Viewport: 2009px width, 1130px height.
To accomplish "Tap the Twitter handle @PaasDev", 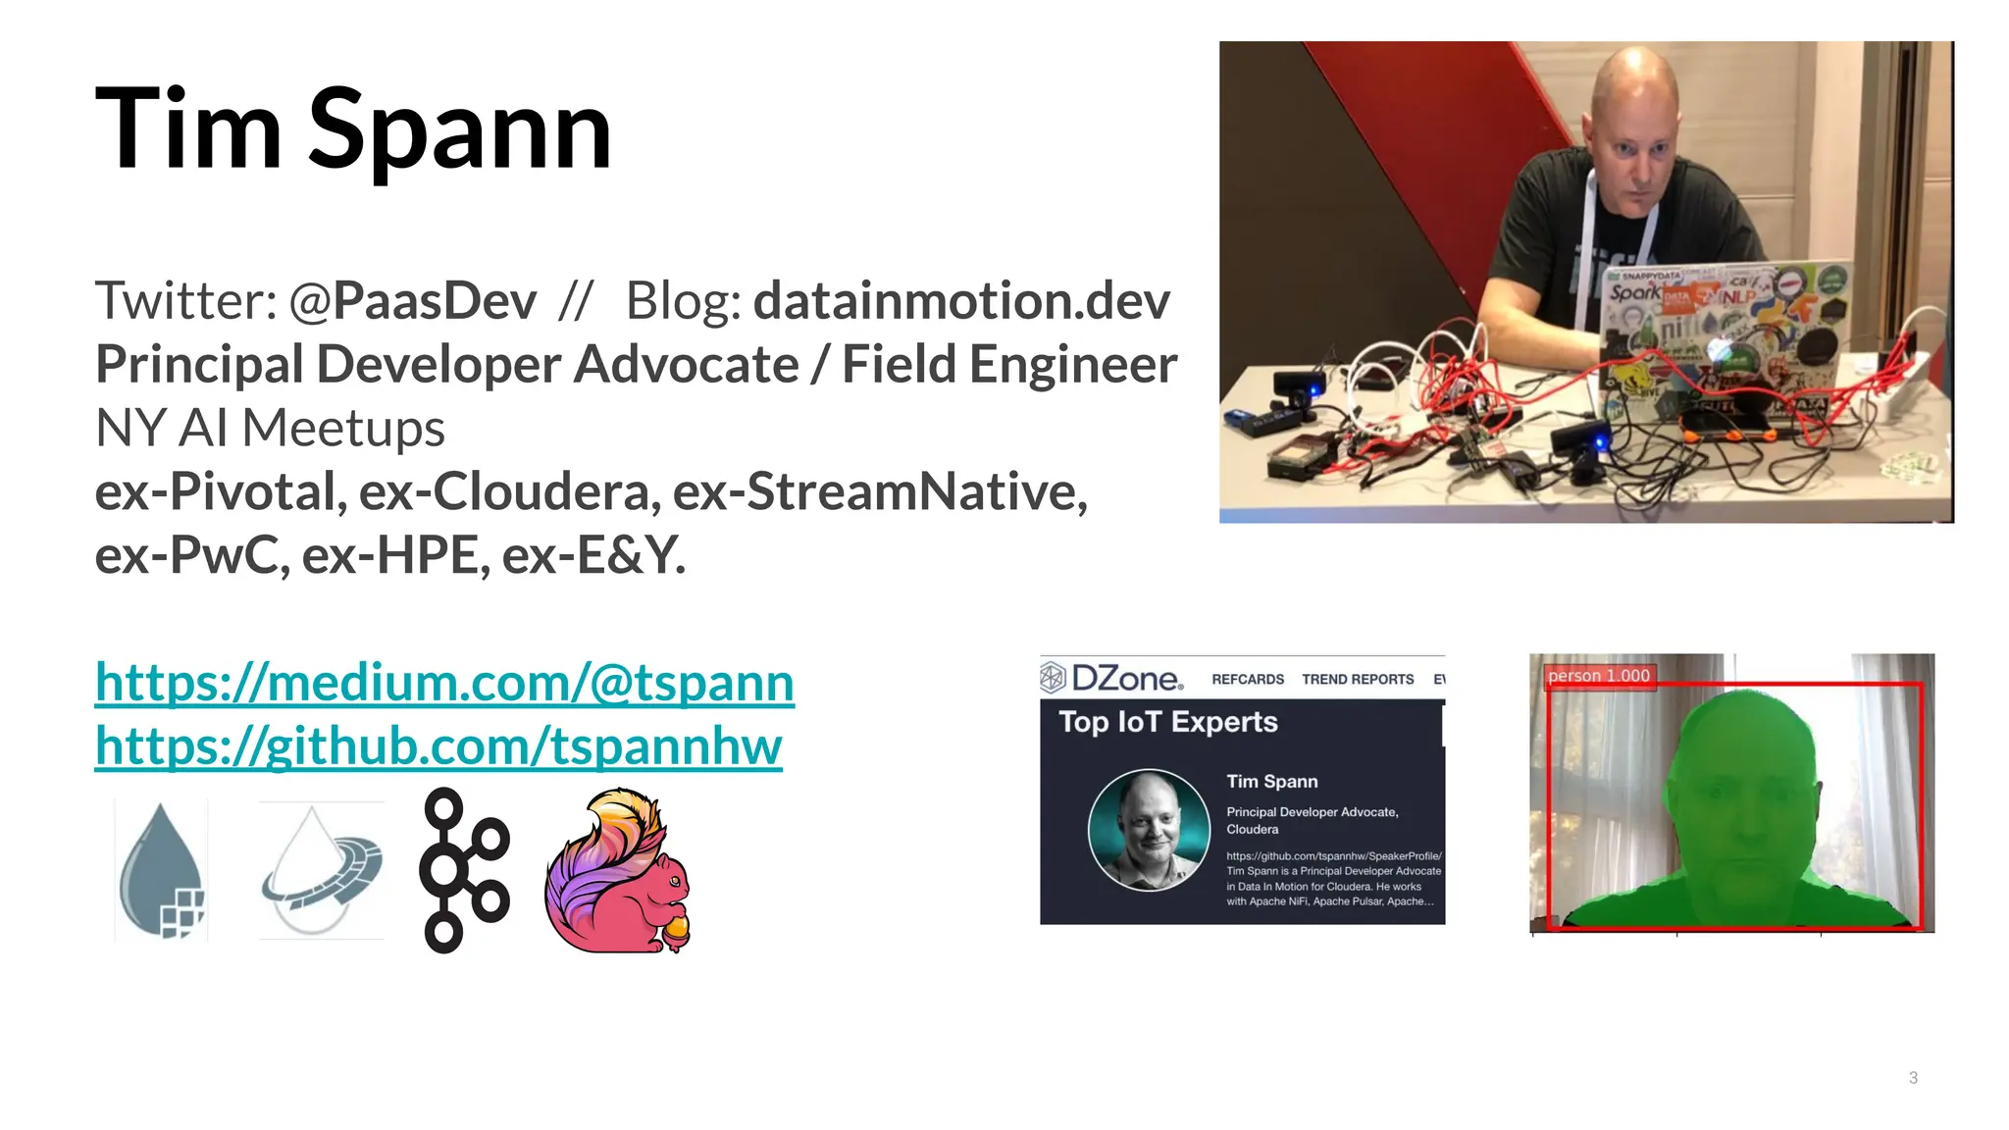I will tap(412, 300).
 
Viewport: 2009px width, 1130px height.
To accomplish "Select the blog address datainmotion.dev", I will tap(961, 300).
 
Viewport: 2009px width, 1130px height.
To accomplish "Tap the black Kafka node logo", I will tap(463, 870).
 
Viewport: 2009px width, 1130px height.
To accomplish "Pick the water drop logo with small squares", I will tap(162, 871).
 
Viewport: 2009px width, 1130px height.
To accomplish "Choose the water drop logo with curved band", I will tap(321, 871).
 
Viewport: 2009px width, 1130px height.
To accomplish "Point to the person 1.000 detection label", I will tap(1598, 676).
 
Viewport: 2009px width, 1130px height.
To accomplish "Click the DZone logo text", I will tap(1126, 678).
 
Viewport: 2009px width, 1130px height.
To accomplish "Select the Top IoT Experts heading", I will tap(1167, 722).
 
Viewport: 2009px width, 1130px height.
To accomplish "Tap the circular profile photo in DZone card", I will tap(1149, 830).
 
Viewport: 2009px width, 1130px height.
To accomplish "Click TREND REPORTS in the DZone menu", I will tap(1357, 679).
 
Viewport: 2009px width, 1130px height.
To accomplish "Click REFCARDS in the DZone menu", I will tap(1247, 679).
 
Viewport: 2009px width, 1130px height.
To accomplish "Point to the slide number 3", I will tap(1913, 1077).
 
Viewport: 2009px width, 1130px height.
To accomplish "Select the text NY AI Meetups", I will tap(270, 428).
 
